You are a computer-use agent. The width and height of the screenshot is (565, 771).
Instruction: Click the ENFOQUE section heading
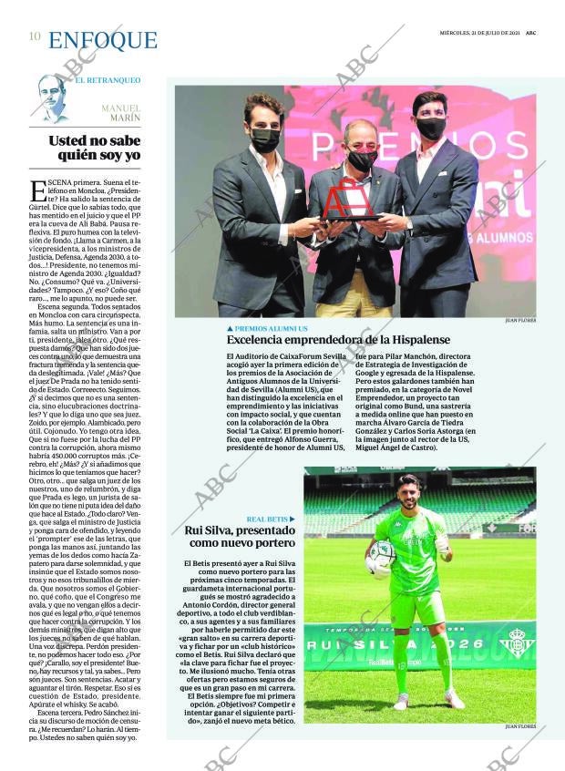[x=102, y=40]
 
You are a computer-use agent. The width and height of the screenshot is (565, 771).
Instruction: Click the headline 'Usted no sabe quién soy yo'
[x=95, y=148]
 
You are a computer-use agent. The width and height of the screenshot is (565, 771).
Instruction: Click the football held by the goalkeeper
[x=381, y=557]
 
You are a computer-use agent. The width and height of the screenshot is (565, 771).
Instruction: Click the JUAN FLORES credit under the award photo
[x=519, y=322]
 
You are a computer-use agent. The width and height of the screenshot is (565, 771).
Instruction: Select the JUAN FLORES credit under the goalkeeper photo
[x=519, y=726]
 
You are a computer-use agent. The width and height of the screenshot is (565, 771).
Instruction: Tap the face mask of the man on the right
[x=431, y=127]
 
